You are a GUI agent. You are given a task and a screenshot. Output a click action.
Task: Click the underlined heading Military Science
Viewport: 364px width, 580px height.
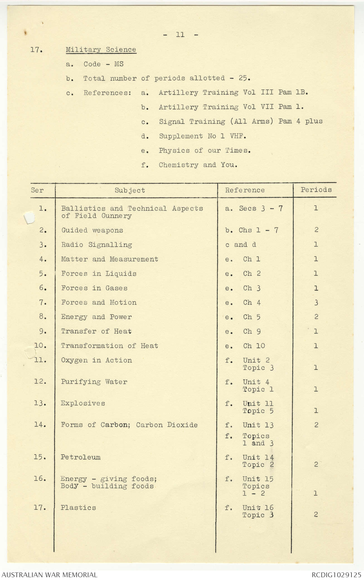(x=101, y=50)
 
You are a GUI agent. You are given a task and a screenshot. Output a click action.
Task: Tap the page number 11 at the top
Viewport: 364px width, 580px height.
(x=180, y=35)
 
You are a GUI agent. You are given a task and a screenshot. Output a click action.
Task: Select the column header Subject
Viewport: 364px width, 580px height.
(x=130, y=190)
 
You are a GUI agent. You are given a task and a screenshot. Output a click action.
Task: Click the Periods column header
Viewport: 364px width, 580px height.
(x=316, y=190)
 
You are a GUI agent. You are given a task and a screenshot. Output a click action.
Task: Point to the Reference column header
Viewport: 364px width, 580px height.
(x=245, y=190)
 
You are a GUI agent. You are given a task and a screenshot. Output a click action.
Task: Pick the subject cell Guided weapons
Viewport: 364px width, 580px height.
(x=92, y=230)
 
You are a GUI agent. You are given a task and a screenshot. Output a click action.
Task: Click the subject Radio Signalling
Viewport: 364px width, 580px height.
(x=96, y=245)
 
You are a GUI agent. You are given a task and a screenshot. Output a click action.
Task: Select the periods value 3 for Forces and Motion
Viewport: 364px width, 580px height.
(x=316, y=303)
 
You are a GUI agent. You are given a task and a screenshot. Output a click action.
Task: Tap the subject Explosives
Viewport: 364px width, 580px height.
(x=83, y=403)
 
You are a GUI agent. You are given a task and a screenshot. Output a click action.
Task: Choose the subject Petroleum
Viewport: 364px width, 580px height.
(x=81, y=457)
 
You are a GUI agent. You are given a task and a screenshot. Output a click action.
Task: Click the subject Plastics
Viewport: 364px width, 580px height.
(x=78, y=508)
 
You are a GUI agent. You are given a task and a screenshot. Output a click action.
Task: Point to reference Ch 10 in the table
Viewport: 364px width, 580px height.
(x=254, y=346)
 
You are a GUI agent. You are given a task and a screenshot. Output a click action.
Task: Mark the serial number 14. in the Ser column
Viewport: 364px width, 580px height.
(x=40, y=425)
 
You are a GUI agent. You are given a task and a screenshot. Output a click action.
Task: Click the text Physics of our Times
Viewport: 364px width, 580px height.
(x=205, y=151)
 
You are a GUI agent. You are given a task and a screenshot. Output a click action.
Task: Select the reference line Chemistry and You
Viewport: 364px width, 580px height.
(x=198, y=165)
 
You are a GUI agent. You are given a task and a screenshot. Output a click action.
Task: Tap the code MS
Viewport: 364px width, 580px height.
(x=119, y=64)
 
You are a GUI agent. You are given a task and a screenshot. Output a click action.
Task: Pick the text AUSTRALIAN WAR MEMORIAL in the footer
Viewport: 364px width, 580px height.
(x=49, y=575)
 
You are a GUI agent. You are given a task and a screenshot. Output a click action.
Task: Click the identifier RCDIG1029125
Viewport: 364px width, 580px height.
(x=336, y=575)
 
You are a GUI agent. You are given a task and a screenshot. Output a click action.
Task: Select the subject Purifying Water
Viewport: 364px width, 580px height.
(x=94, y=382)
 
